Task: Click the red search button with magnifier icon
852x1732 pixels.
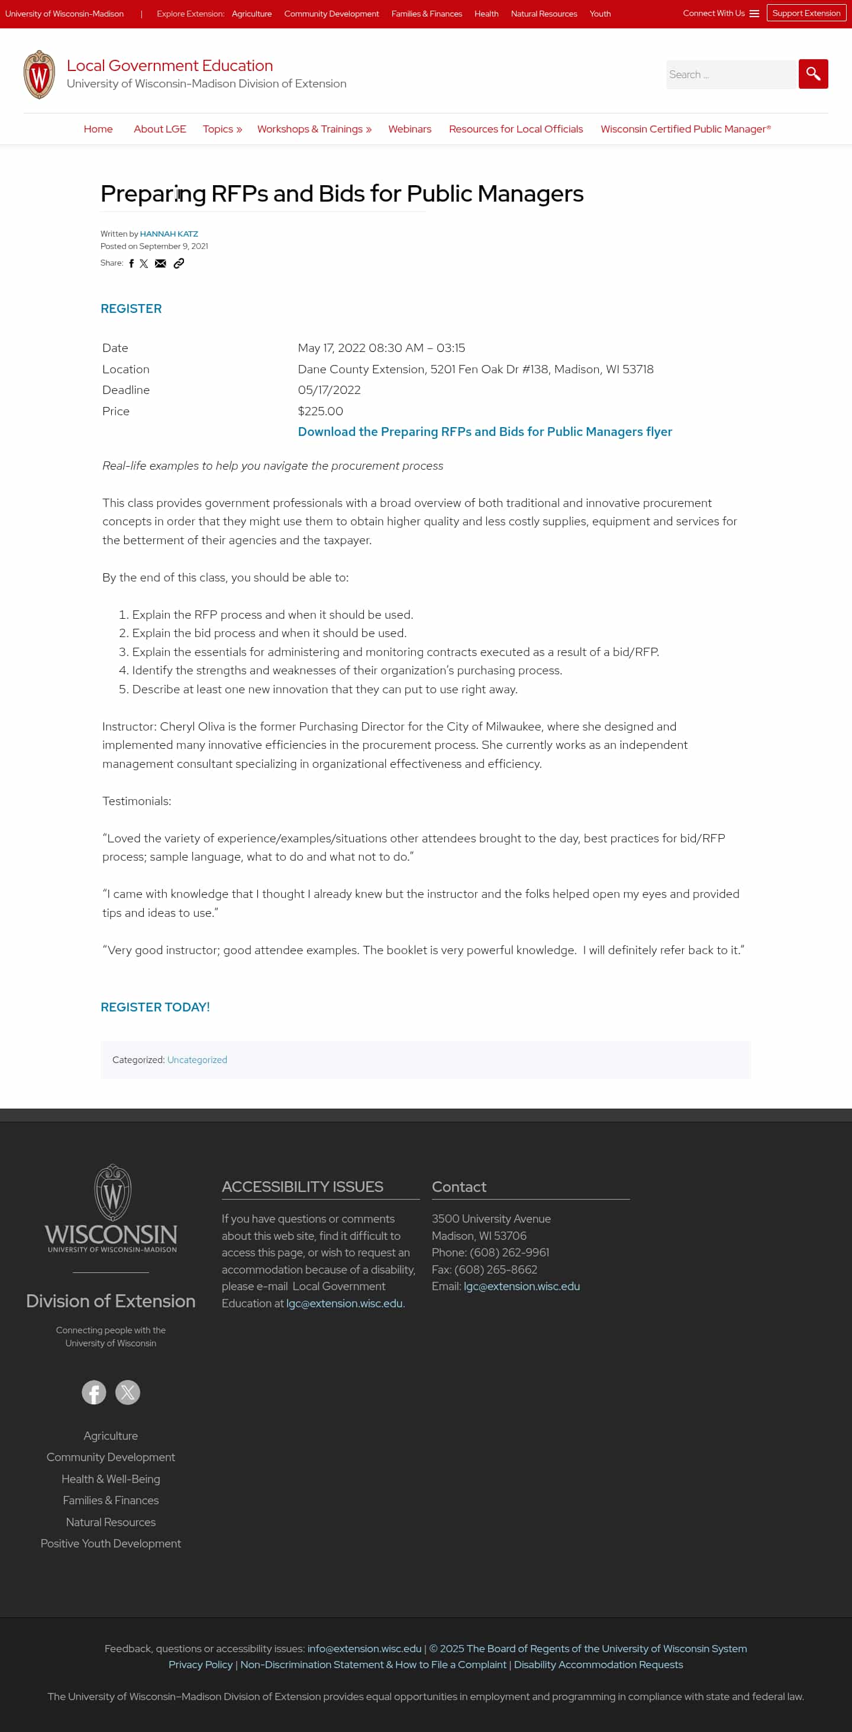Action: pyautogui.click(x=812, y=74)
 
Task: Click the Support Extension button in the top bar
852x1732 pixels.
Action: pyautogui.click(x=806, y=14)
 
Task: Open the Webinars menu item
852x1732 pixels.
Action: pyautogui.click(x=409, y=129)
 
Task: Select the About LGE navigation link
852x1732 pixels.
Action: pyautogui.click(x=159, y=129)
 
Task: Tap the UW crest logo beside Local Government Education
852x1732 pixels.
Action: pyautogui.click(x=40, y=75)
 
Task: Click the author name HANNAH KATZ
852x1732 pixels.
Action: pyautogui.click(x=169, y=234)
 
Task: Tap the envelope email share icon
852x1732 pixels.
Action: pyautogui.click(x=160, y=264)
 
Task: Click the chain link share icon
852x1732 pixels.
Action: pyautogui.click(x=179, y=264)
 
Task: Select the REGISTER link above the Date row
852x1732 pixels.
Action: pyautogui.click(x=131, y=309)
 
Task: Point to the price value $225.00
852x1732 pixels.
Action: pyautogui.click(x=320, y=411)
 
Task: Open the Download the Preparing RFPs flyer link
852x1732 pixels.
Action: pyautogui.click(x=484, y=432)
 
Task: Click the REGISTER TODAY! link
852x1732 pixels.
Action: pyautogui.click(x=154, y=1007)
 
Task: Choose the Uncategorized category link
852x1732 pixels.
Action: pyautogui.click(x=197, y=1059)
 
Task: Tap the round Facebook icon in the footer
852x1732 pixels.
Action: pyautogui.click(x=94, y=1392)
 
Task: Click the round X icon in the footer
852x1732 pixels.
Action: pyautogui.click(x=128, y=1392)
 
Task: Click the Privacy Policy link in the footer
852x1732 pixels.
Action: pyautogui.click(x=201, y=1664)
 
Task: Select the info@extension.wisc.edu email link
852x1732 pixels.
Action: pyautogui.click(x=364, y=1648)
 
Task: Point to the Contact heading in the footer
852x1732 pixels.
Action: pyautogui.click(x=459, y=1187)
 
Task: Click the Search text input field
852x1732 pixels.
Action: pyautogui.click(x=730, y=75)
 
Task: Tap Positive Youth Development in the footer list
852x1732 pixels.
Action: pyautogui.click(x=110, y=1543)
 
